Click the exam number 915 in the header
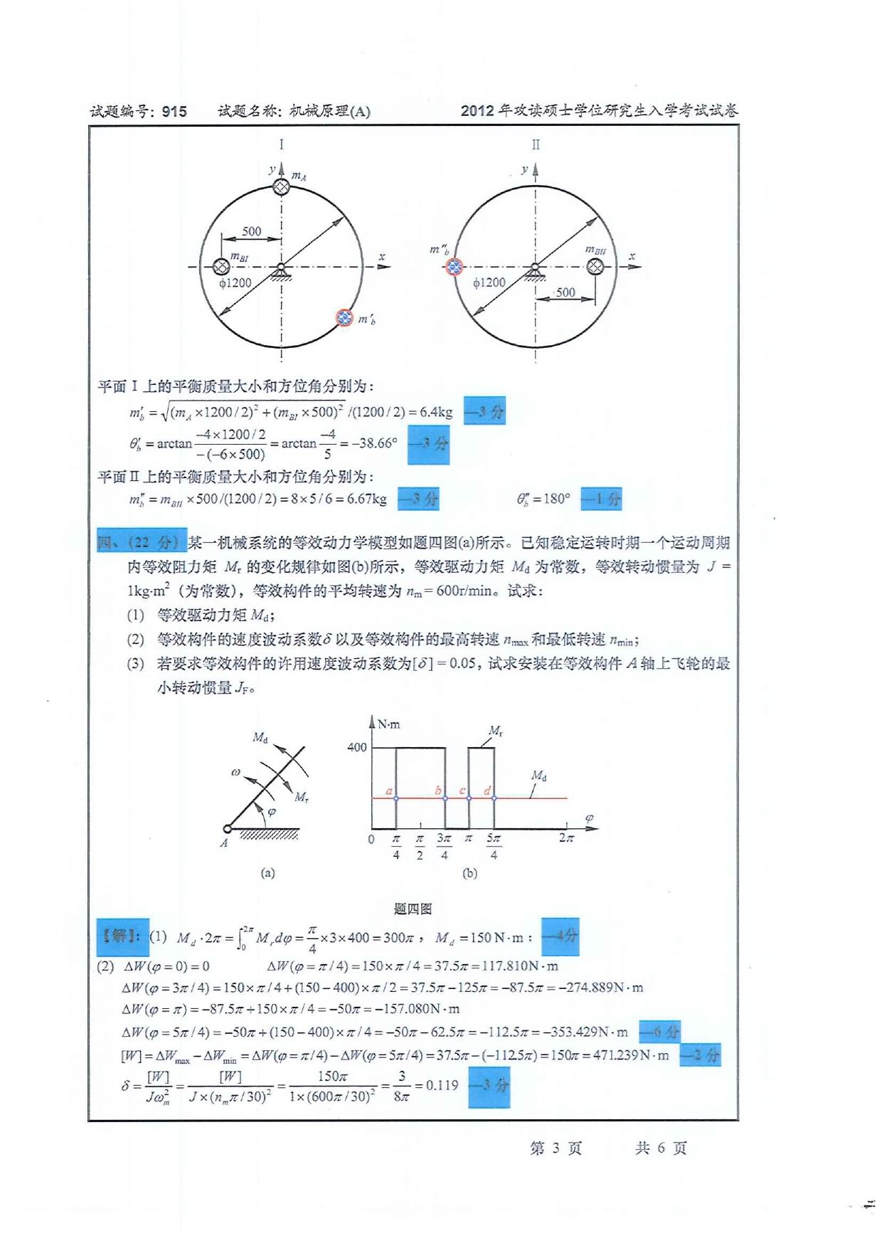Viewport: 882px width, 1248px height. pos(174,112)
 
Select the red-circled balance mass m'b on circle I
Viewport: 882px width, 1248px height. pos(344,317)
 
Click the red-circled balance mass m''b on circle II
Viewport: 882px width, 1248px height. pos(453,267)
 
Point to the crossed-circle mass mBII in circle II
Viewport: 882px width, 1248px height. pos(595,267)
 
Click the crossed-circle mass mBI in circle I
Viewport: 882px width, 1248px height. pos(221,267)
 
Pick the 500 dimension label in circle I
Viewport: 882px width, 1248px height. pos(251,231)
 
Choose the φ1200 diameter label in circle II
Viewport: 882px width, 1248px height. pos(489,282)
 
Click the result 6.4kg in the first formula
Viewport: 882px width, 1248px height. pos(435,412)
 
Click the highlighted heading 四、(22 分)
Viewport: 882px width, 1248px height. pos(142,542)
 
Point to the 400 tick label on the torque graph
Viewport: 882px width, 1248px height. pos(356,747)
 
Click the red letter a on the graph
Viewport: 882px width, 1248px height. pos(389,790)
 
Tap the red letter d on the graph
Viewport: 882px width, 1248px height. pos(487,790)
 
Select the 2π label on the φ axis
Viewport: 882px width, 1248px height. pos(566,838)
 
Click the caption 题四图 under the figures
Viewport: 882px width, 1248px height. pos(413,909)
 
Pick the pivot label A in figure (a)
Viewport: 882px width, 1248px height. pos(223,843)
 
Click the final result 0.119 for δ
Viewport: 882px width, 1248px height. pos(442,1085)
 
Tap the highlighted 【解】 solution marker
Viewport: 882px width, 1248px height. pos(122,936)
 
